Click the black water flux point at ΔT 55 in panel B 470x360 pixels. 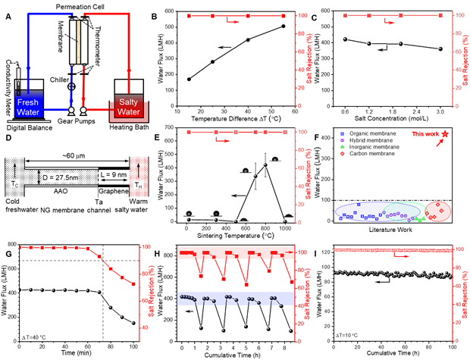[x=283, y=27]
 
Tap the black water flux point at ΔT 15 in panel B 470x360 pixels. [x=189, y=79]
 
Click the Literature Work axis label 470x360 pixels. [x=391, y=230]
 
